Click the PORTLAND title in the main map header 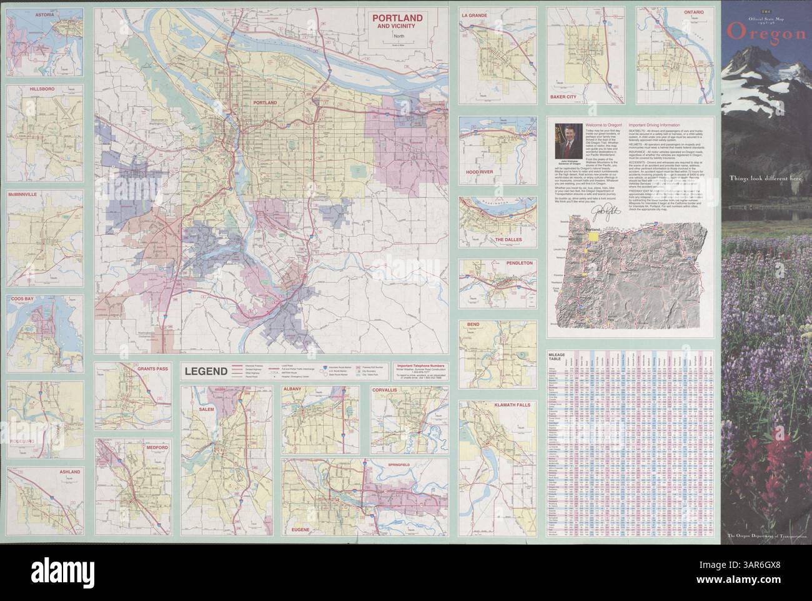tap(397, 17)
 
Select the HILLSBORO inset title tap(42, 89)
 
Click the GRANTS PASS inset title tap(152, 369)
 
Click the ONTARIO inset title tap(692, 12)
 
